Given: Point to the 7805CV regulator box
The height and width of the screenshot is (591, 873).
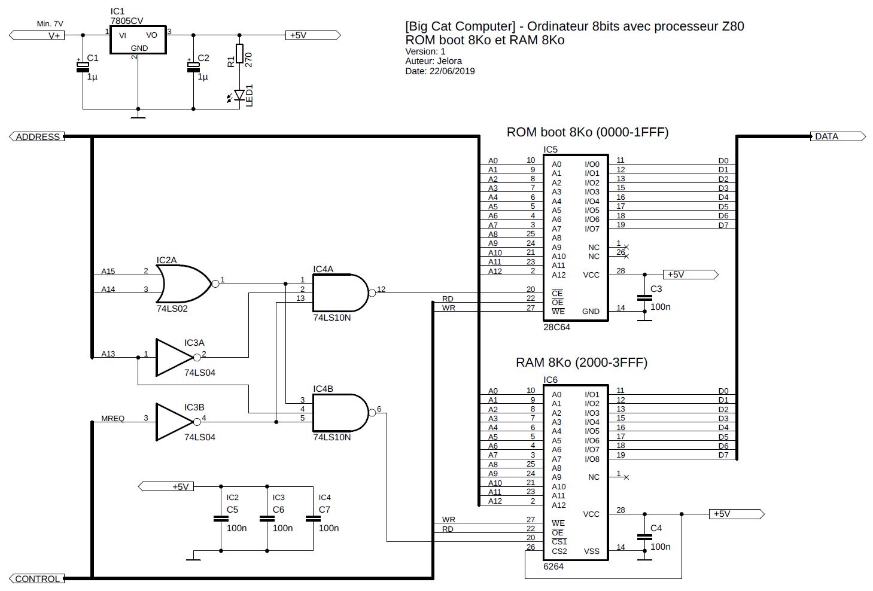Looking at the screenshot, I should click(138, 41).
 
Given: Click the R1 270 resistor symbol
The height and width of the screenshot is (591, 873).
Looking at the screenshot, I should click(239, 54).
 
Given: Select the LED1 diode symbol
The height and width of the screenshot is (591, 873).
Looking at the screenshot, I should click(240, 95).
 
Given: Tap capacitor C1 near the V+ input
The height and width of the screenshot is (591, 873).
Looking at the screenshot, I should click(83, 66).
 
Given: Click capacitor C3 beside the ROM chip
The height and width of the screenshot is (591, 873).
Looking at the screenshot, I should click(644, 297).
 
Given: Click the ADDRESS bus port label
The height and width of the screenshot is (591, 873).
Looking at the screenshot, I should click(37, 137).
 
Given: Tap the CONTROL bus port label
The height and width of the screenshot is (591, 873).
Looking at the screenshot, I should click(37, 578).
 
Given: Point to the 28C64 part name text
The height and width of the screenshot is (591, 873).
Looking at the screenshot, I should click(556, 327).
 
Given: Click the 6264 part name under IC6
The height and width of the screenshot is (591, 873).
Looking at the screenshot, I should click(553, 566).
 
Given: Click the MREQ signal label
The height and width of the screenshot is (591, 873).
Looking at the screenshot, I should click(113, 419).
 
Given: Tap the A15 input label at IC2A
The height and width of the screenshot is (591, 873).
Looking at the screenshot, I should click(108, 272).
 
